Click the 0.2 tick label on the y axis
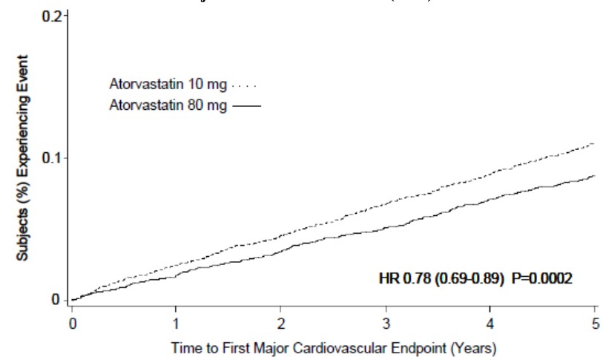pos(51,16)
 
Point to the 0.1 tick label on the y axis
pos(51,158)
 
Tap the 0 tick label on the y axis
pos(56,300)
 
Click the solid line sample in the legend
pos(248,105)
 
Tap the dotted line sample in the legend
pos(248,85)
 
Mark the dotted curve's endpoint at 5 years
pos(595,143)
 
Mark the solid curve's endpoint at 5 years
pos(595,176)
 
